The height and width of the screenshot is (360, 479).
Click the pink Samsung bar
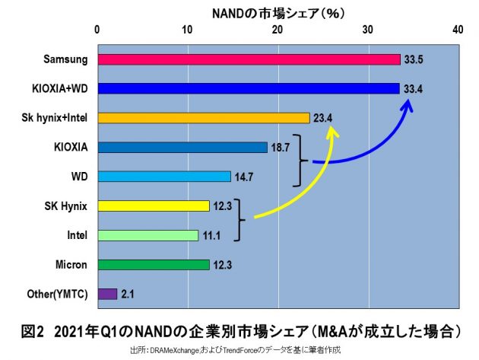[249, 59]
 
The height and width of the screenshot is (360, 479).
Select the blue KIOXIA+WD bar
[248, 88]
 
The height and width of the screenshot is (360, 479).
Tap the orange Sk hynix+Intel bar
[203, 118]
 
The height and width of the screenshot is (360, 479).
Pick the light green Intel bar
[148, 235]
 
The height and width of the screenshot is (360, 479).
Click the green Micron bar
[153, 265]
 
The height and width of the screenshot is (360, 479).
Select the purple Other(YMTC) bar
[107, 294]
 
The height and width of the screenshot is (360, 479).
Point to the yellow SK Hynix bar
[153, 205]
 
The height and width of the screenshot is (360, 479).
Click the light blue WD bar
[163, 177]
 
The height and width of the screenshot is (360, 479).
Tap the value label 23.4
[323, 118]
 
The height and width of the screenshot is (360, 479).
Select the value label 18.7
[281, 148]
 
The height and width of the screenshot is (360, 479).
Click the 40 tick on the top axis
[457, 29]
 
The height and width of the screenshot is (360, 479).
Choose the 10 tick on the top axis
[187, 29]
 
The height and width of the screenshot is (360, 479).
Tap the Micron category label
[71, 265]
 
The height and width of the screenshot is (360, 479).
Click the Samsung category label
[66, 59]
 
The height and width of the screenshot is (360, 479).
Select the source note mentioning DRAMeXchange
[235, 349]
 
